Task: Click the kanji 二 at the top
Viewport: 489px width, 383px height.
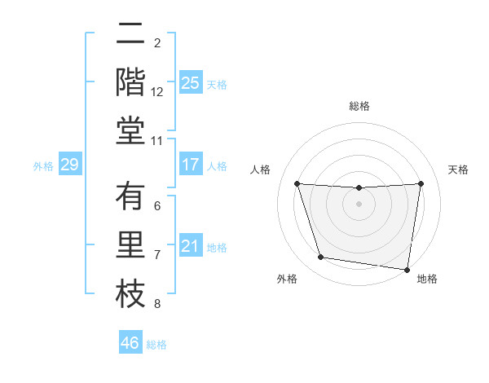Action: [x=130, y=35]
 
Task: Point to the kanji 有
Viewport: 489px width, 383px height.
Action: [x=130, y=196]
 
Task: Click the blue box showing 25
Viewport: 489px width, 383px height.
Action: [x=190, y=82]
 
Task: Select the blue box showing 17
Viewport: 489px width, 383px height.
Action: [x=190, y=165]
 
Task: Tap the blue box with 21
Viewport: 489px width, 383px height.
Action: [x=190, y=246]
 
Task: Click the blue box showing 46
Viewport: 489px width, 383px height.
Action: [x=130, y=343]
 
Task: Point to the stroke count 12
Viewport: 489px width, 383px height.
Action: [x=156, y=92]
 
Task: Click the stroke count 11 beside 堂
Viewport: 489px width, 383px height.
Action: [x=156, y=141]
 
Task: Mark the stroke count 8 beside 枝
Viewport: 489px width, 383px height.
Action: [x=156, y=304]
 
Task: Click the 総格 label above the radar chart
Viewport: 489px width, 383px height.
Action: [x=359, y=106]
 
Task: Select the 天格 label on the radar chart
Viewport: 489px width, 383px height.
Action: [x=459, y=169]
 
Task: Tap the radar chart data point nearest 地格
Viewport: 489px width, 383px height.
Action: [x=407, y=269]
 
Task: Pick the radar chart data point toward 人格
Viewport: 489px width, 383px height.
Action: [x=297, y=183]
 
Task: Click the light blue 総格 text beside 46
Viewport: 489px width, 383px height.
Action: [x=156, y=345]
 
